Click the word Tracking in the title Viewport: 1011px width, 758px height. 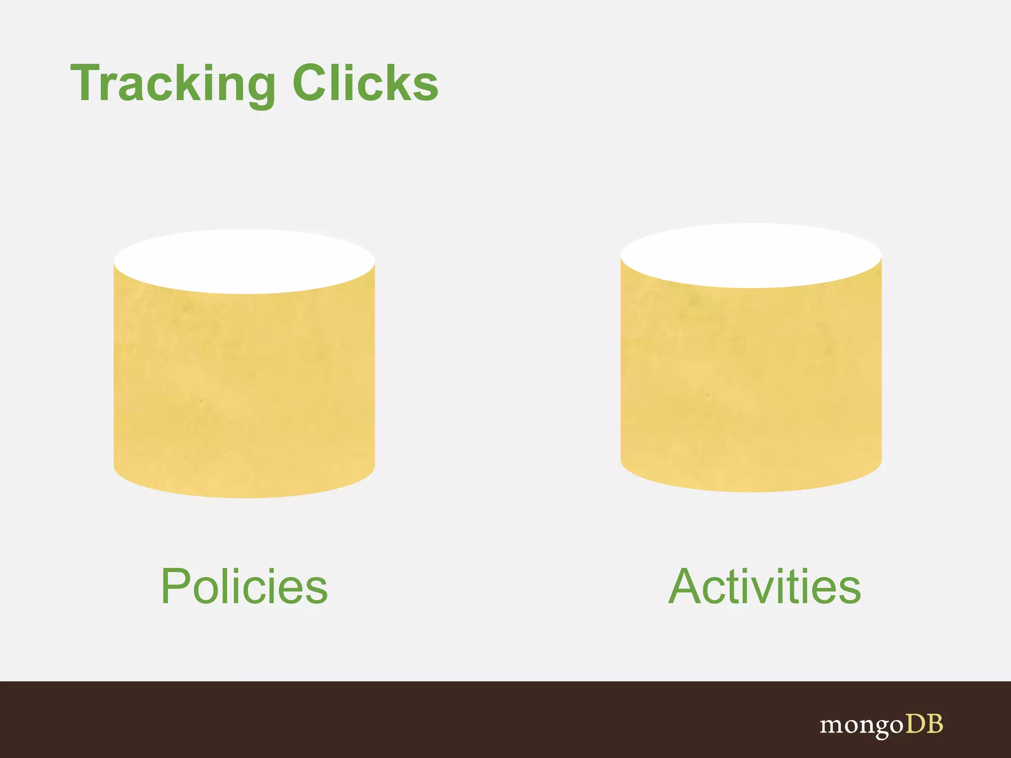coord(173,84)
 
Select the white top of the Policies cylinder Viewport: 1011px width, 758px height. coord(244,261)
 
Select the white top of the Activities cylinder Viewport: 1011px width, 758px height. coord(751,255)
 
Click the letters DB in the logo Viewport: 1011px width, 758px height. coord(924,724)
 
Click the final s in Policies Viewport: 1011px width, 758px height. coord(315,591)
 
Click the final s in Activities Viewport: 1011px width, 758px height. coord(848,591)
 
